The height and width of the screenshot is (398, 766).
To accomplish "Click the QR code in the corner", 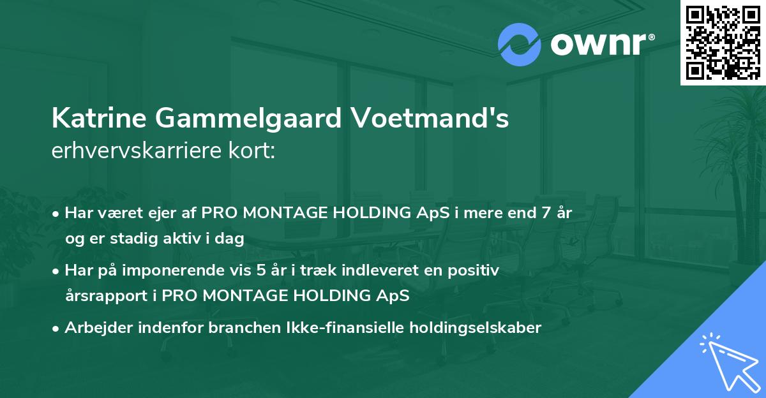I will (723, 42).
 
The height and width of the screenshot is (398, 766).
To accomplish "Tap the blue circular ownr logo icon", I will (519, 44).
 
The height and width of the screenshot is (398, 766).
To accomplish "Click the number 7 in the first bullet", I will (546, 213).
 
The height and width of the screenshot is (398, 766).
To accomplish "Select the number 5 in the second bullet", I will (261, 270).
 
